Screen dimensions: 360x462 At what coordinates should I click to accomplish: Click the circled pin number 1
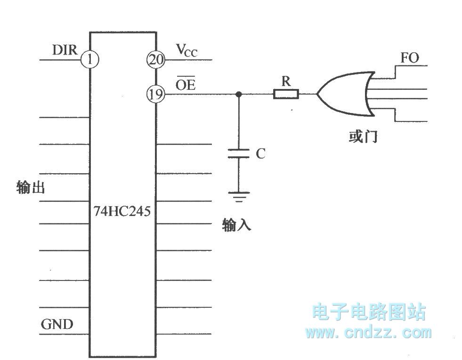pos(90,60)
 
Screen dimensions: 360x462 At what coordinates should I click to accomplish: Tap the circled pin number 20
pos(156,60)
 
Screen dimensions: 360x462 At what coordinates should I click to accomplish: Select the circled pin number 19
pos(156,94)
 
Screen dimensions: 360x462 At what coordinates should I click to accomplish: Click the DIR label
pos(65,50)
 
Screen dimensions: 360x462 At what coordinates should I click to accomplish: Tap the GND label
pos(57,324)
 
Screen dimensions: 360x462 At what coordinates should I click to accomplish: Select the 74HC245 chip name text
pos(122,211)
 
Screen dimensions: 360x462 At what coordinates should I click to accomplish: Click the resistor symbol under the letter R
pos(286,95)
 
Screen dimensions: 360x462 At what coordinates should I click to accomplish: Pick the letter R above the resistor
pos(286,81)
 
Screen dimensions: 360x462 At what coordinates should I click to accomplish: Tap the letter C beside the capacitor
pos(260,154)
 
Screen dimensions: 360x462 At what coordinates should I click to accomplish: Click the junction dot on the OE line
pos(239,95)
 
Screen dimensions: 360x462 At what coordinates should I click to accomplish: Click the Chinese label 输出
pos(31,188)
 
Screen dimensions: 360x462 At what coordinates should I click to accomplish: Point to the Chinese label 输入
pos(237,225)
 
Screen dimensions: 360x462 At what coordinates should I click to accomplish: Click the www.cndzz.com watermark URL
pos(368,333)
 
